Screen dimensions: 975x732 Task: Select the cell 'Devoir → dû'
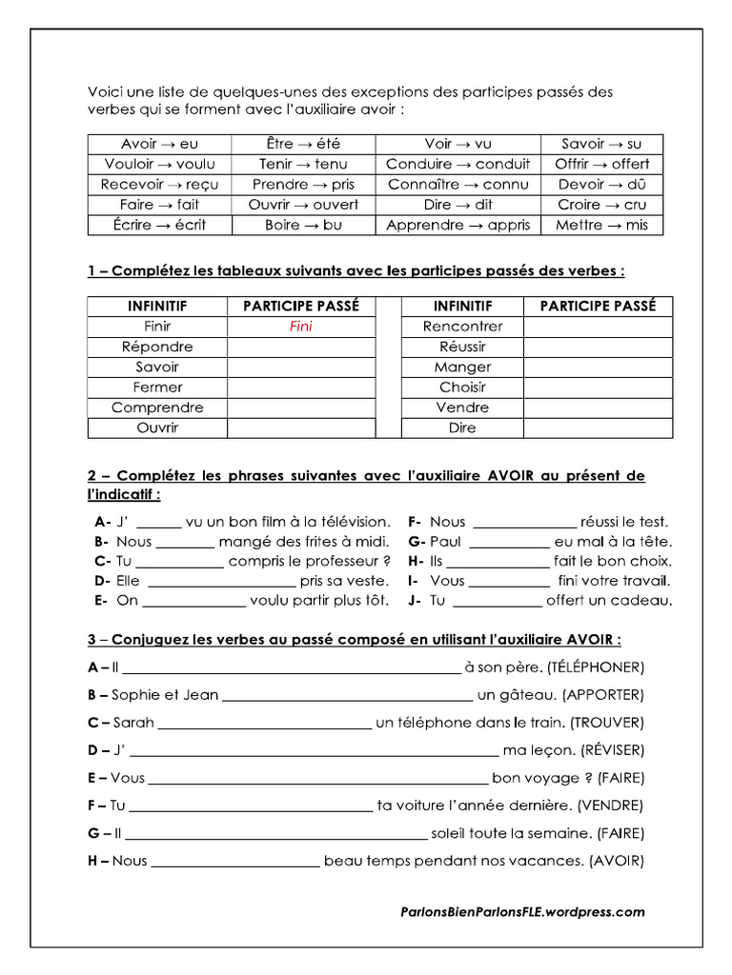point(601,185)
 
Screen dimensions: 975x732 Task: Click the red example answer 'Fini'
point(301,327)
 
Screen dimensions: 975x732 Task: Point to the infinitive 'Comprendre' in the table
point(157,408)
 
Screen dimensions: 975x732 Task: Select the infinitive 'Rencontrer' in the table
point(462,327)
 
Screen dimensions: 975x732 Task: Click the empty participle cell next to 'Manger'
point(597,368)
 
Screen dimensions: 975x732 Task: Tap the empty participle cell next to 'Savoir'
point(301,368)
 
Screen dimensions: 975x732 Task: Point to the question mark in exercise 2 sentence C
point(386,561)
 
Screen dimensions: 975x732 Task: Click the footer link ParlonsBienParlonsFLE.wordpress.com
point(522,911)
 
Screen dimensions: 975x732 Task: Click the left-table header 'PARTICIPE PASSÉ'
point(301,307)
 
